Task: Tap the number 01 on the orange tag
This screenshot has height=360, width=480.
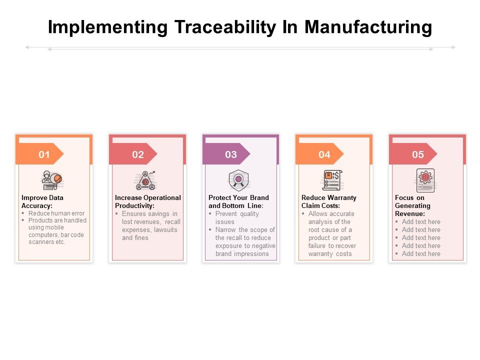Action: [44, 154]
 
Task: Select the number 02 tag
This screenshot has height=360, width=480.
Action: [137, 154]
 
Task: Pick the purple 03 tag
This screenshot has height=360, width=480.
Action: [230, 154]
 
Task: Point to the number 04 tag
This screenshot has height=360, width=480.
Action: [324, 154]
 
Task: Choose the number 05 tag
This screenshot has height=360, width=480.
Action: [417, 154]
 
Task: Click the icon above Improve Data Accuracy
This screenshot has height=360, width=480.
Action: [52, 180]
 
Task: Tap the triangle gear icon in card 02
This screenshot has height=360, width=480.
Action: [145, 180]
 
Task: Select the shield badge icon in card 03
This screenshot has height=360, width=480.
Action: [239, 179]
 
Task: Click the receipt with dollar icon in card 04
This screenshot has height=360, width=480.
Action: [331, 180]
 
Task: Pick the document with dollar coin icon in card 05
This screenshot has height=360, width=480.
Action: [425, 180]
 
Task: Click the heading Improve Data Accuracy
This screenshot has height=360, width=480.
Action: [42, 201]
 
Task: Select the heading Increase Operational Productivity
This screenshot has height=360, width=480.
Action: [147, 201]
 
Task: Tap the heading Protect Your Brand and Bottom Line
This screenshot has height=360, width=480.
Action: [238, 201]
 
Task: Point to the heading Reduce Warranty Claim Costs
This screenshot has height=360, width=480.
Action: [328, 201]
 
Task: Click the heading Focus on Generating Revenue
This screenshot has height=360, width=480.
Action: [412, 205]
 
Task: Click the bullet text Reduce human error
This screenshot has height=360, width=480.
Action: [56, 213]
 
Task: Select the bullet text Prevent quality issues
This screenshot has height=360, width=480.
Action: [237, 217]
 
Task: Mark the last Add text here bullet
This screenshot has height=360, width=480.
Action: [421, 253]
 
